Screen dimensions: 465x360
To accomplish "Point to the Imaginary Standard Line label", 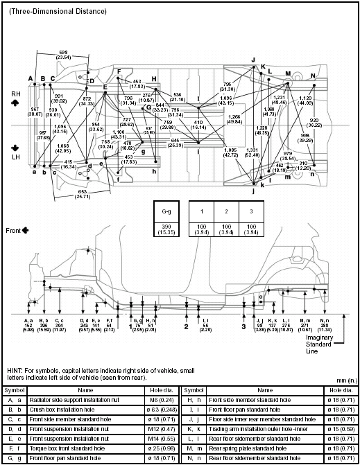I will click(x=337, y=337).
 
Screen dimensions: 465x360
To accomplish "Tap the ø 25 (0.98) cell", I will click(x=162, y=449).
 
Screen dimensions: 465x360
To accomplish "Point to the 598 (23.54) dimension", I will click(x=63, y=55).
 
